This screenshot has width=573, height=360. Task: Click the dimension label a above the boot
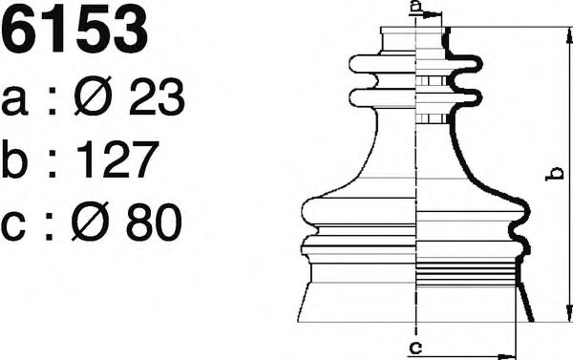pyautogui.click(x=414, y=8)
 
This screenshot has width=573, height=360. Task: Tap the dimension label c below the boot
pyautogui.click(x=414, y=347)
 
